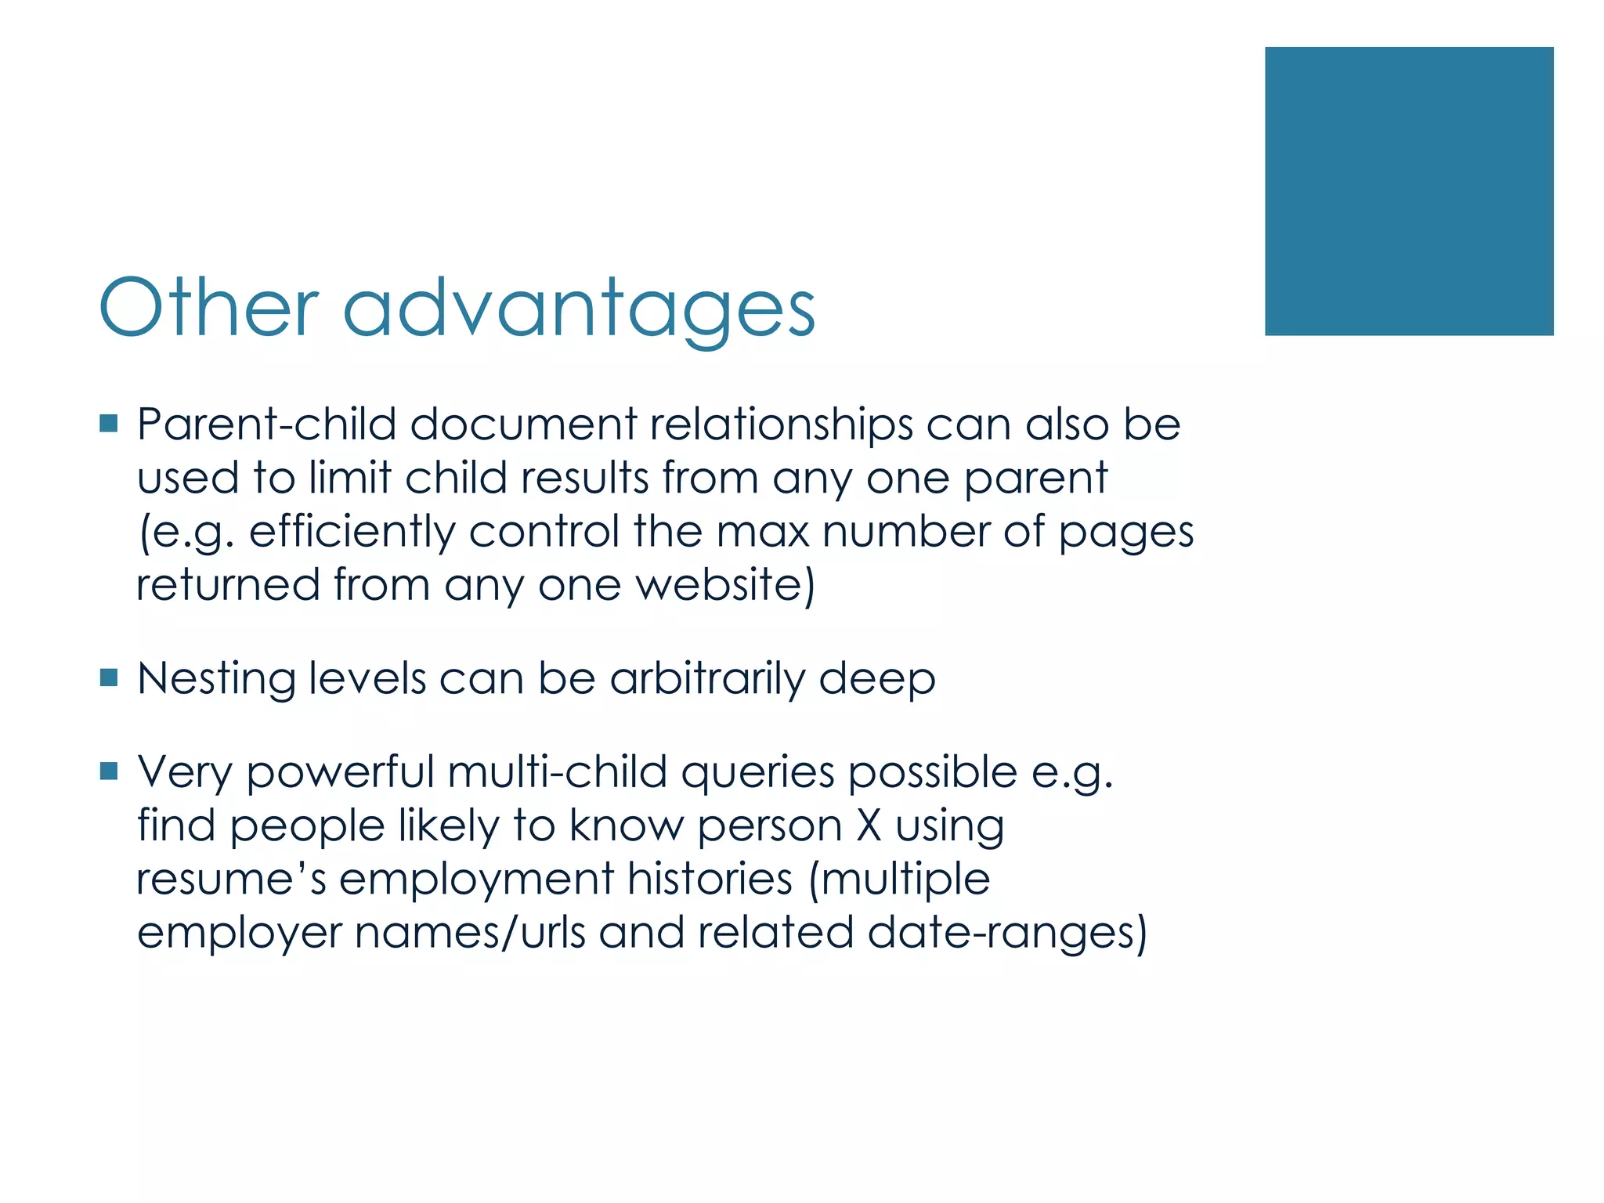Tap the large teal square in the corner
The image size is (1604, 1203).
pos(1408,191)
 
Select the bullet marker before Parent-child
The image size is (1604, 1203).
pos(109,424)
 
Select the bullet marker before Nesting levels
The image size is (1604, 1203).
pos(109,677)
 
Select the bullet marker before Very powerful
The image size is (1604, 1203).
pos(109,772)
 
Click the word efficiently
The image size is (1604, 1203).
pos(352,533)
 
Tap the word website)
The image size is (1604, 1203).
pos(725,585)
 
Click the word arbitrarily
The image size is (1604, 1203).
pos(706,679)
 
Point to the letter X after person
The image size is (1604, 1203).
pos(868,825)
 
